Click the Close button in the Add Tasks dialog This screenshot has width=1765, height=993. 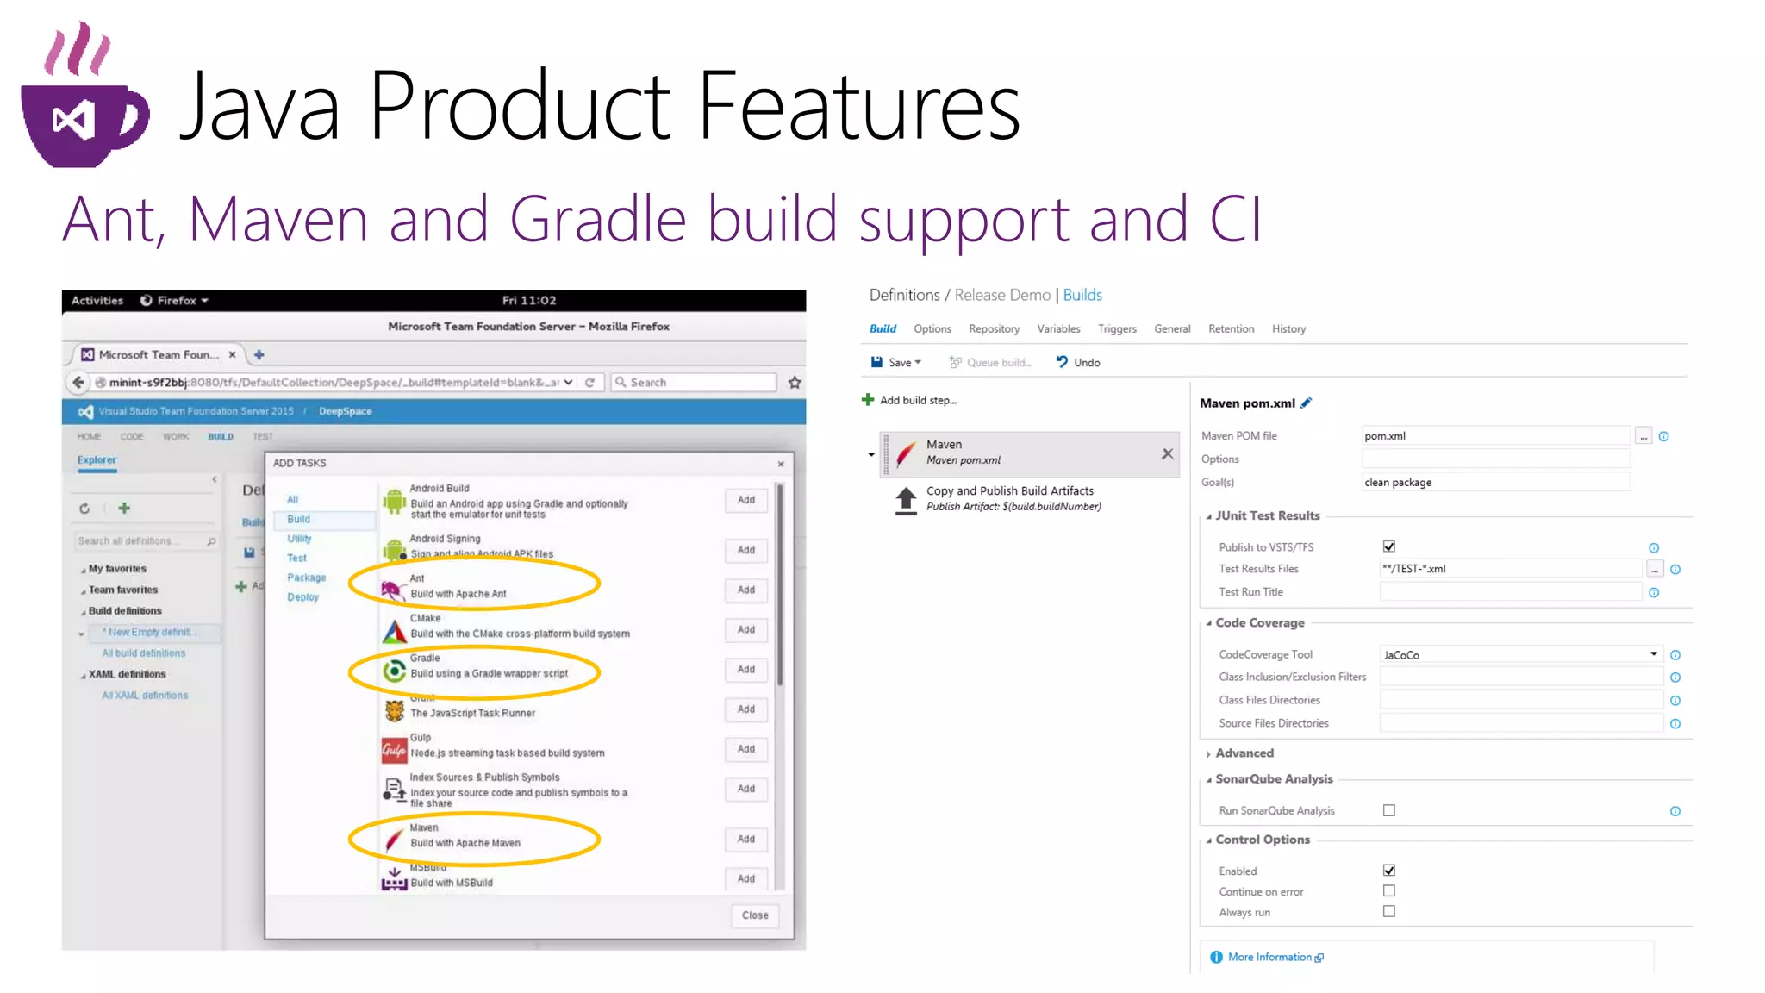754,915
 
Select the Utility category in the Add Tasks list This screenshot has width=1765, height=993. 299,539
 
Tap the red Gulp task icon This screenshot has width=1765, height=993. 394,750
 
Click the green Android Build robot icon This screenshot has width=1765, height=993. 394,501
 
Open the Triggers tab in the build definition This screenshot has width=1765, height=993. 1117,329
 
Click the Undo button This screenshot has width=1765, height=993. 1078,363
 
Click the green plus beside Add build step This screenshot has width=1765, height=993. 868,400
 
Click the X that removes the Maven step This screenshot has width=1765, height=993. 1167,454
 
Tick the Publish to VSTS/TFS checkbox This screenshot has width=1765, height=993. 1388,546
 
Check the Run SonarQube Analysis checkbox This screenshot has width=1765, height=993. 1388,810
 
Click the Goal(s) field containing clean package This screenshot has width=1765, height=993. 1495,483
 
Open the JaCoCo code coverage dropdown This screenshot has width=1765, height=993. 1520,655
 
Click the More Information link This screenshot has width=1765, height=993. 1269,958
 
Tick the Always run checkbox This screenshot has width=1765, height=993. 1388,912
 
